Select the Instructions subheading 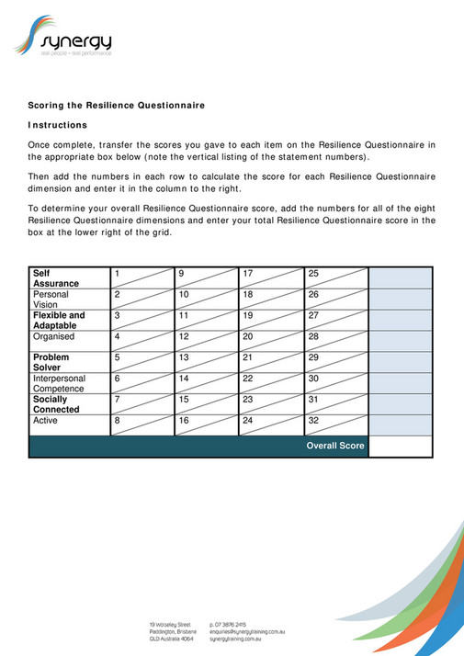[x=58, y=125]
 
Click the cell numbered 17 [x=272, y=278]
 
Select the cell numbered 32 [x=336, y=424]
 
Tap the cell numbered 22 [x=272, y=383]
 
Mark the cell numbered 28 [x=336, y=341]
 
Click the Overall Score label [x=335, y=447]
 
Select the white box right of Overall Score [x=401, y=447]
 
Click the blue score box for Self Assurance [x=401, y=278]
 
